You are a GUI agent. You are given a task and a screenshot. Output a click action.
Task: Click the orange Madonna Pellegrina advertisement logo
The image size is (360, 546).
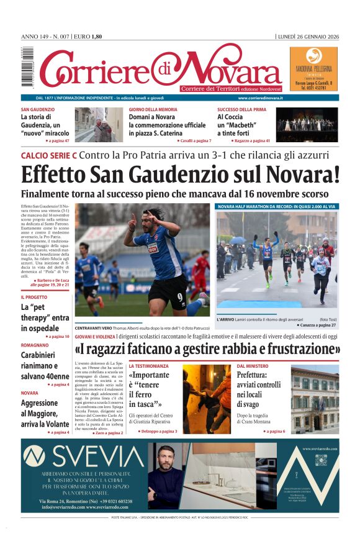click(x=313, y=55)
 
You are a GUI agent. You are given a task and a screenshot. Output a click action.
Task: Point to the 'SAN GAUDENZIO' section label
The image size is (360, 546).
click(x=37, y=109)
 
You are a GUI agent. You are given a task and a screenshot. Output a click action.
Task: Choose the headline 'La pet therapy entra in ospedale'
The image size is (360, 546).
click(x=45, y=317)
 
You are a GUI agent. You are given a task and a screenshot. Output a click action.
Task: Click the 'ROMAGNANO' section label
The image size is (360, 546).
click(x=35, y=344)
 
